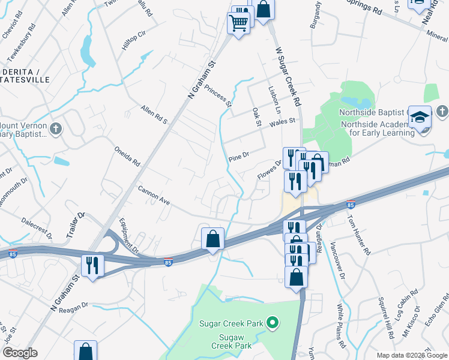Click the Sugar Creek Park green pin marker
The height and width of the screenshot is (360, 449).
pyautogui.click(x=273, y=323)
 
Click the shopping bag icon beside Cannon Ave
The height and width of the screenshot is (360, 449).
pyautogui.click(x=212, y=238)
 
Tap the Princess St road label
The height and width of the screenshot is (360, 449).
pyautogui.click(x=218, y=95)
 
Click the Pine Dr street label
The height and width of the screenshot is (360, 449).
pyautogui.click(x=238, y=157)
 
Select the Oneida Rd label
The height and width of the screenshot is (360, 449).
pyautogui.click(x=127, y=155)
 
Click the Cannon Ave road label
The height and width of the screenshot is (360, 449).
pyautogui.click(x=154, y=196)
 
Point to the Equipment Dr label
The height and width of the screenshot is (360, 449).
pyautogui.click(x=128, y=235)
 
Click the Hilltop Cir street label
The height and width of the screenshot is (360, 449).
pyautogui.click(x=133, y=36)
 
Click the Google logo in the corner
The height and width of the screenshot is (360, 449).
pyautogui.click(x=20, y=353)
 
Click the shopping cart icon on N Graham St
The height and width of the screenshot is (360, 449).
pyautogui.click(x=238, y=23)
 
